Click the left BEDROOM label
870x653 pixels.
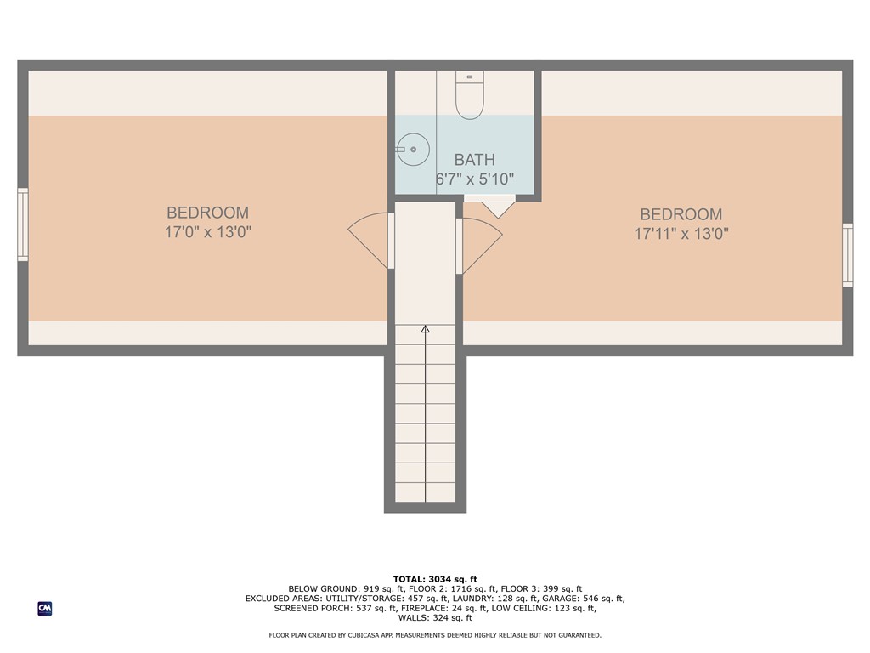(x=207, y=213)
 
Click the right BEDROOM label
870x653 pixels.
(x=681, y=214)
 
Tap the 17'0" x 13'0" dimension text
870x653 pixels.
(x=207, y=231)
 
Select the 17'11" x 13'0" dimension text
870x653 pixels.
(x=681, y=233)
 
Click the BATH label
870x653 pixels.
(x=474, y=160)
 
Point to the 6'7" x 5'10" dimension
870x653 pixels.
(x=474, y=179)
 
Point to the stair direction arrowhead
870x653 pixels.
(x=425, y=328)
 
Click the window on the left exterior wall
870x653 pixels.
(x=23, y=224)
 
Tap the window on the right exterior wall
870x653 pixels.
(x=847, y=254)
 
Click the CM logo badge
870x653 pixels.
(x=45, y=608)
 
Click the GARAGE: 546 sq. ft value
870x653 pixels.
(x=582, y=599)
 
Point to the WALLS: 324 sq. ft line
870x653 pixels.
(x=435, y=618)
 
